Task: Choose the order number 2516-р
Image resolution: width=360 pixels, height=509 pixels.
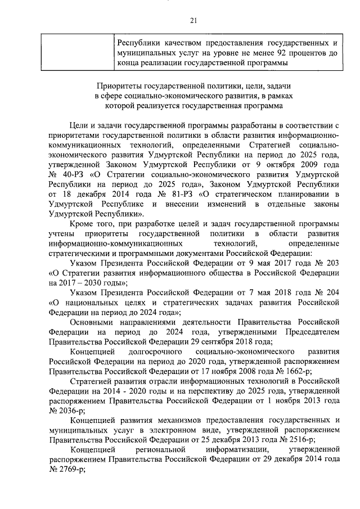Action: pyautogui.click(x=299, y=436)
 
